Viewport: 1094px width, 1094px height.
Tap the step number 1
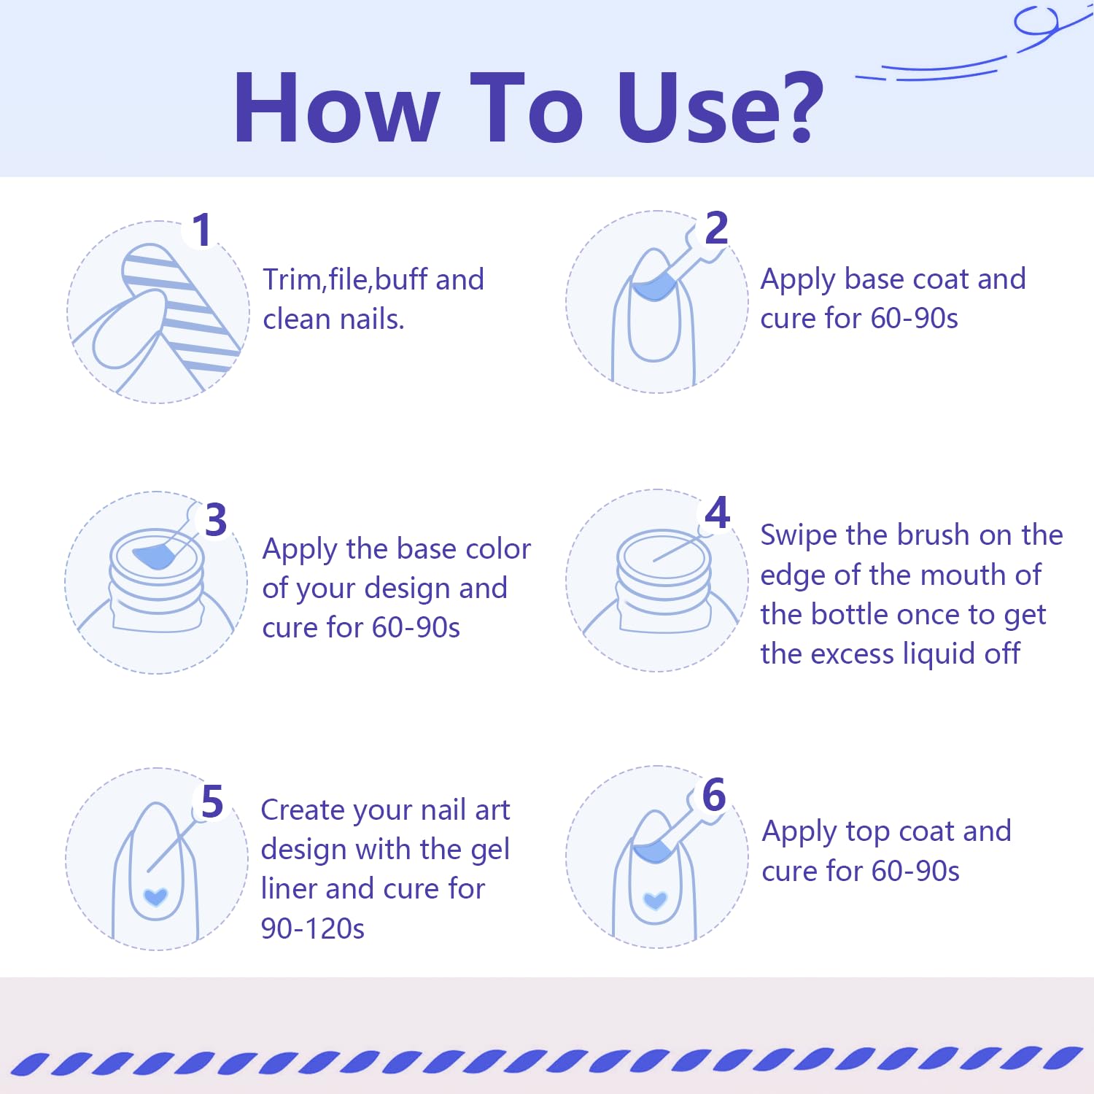[x=202, y=230]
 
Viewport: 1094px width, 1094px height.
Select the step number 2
[x=716, y=228]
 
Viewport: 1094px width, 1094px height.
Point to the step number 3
[x=216, y=520]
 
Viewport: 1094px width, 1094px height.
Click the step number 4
[x=718, y=512]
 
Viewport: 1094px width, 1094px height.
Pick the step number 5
[x=212, y=802]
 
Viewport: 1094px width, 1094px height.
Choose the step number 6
[x=714, y=794]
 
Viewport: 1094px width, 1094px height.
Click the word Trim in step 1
[x=292, y=279]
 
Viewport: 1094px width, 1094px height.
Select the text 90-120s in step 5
[x=313, y=928]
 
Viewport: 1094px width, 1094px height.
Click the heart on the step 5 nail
[x=155, y=896]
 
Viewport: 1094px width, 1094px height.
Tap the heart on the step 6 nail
[x=655, y=900]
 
